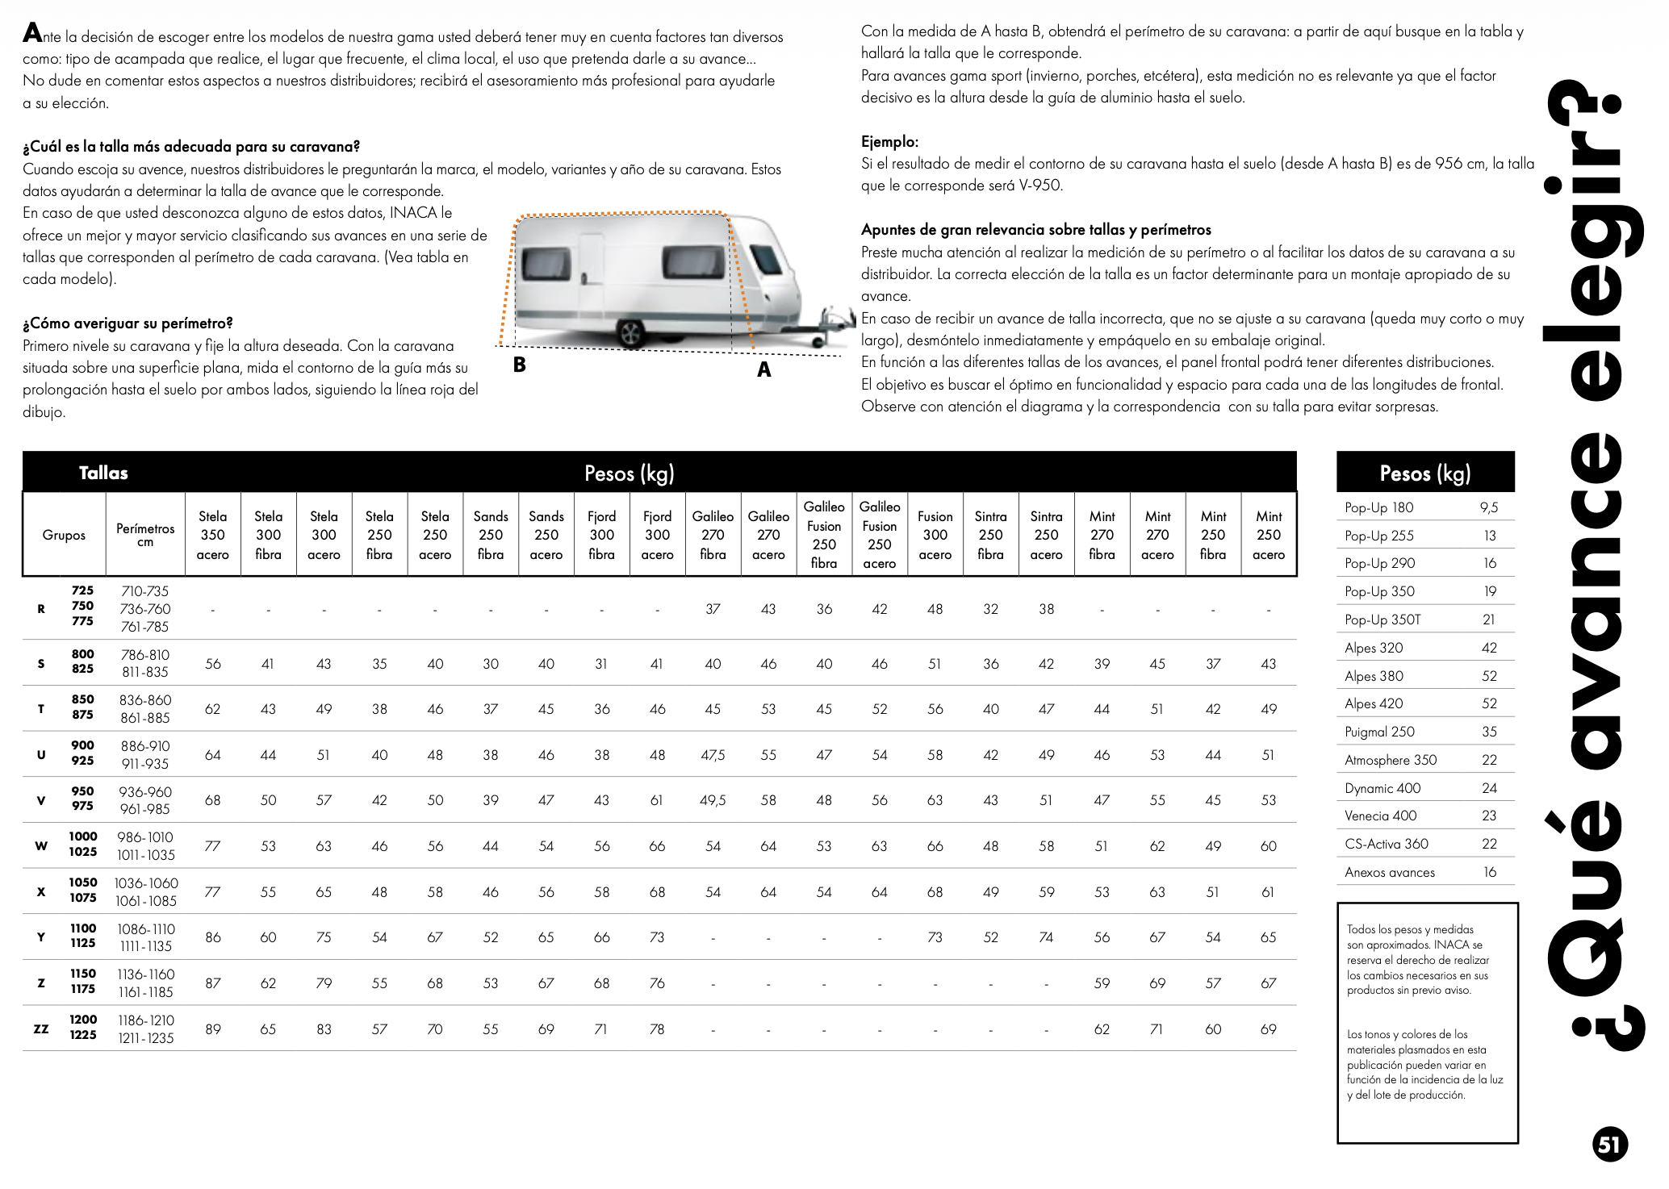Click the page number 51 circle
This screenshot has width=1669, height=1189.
point(1609,1145)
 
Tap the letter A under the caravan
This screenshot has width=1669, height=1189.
point(763,370)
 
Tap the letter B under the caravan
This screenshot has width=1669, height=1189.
point(519,365)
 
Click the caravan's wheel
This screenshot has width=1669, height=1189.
point(630,332)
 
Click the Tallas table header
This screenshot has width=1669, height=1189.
point(103,473)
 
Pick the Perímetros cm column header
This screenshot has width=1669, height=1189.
point(145,535)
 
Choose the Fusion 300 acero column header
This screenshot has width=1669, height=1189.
point(935,535)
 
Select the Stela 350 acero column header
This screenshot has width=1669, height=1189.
point(213,535)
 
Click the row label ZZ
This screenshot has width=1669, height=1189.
point(41,1029)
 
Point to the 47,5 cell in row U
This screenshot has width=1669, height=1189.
point(713,755)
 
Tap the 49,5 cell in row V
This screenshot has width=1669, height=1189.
point(713,800)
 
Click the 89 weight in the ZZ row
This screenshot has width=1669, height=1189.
point(213,1029)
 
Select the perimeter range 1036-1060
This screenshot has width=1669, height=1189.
point(146,883)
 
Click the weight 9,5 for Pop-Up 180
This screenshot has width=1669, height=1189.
point(1489,507)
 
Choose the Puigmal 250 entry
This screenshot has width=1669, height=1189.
point(1379,732)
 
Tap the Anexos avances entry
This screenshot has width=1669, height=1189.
point(1390,872)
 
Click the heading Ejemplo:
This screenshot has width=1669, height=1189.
point(889,142)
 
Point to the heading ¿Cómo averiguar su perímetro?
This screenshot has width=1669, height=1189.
point(128,323)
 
